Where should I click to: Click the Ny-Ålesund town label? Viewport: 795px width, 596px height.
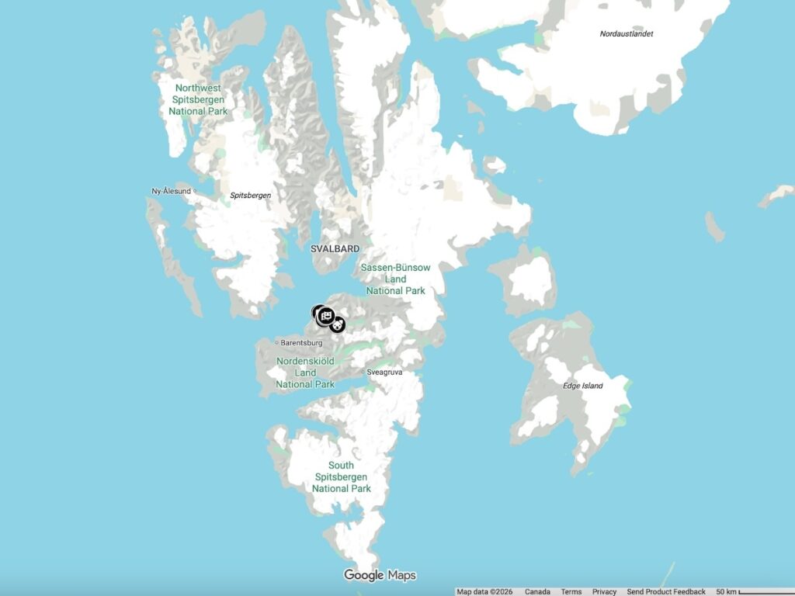pyautogui.click(x=172, y=191)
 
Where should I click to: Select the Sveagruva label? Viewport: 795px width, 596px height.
pyautogui.click(x=385, y=372)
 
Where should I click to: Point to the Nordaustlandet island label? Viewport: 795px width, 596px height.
pyautogui.click(x=627, y=34)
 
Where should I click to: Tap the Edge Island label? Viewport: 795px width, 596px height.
pyautogui.click(x=583, y=386)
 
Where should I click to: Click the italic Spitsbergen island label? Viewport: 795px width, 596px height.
pyautogui.click(x=251, y=196)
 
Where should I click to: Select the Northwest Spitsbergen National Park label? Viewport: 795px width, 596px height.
pyautogui.click(x=199, y=100)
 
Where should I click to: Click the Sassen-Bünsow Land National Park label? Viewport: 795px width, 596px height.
pyautogui.click(x=396, y=279)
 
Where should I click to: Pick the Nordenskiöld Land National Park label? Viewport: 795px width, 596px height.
pyautogui.click(x=305, y=372)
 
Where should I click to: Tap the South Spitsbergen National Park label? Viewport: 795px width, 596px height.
pyautogui.click(x=342, y=477)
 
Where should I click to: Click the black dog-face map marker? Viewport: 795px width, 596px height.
pyautogui.click(x=337, y=325)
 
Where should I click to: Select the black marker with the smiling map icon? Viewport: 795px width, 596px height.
pyautogui.click(x=325, y=315)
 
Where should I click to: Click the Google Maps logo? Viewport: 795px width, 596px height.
pyautogui.click(x=380, y=575)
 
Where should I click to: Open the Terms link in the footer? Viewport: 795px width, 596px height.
pyautogui.click(x=571, y=591)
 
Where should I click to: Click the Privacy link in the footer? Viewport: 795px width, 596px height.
pyautogui.click(x=604, y=591)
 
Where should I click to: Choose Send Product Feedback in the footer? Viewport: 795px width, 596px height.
pyautogui.click(x=667, y=591)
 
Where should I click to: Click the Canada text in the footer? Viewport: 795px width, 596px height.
pyautogui.click(x=537, y=591)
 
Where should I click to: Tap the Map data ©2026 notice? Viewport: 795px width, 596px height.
pyautogui.click(x=484, y=591)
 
